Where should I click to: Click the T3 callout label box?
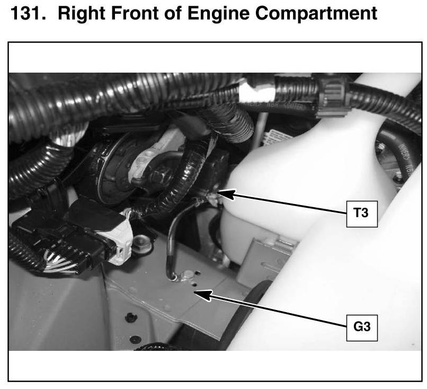362,214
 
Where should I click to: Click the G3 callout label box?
362,328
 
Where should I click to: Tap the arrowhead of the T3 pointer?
225,194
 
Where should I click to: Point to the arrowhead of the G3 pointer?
202,295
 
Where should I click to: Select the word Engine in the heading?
218,14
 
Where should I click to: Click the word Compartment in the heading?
316,14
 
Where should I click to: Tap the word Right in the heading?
82,14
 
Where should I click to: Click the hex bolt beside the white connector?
141,242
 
